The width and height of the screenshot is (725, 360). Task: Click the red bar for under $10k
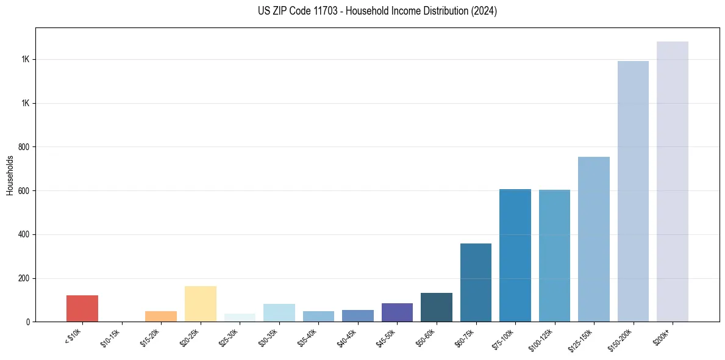pyautogui.click(x=82, y=308)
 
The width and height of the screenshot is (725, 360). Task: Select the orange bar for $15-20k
pyautogui.click(x=161, y=316)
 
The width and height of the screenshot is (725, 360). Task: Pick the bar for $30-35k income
pyautogui.click(x=279, y=312)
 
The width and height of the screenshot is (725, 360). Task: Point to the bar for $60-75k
pyautogui.click(x=476, y=283)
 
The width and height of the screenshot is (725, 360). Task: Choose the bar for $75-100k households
pyautogui.click(x=515, y=256)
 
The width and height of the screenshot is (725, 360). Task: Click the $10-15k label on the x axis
pyautogui.click(x=111, y=337)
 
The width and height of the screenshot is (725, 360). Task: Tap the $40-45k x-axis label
pyautogui.click(x=347, y=337)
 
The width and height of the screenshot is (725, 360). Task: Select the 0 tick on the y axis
pyautogui.click(x=28, y=322)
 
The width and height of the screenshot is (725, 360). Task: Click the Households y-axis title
pyautogui.click(x=10, y=175)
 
